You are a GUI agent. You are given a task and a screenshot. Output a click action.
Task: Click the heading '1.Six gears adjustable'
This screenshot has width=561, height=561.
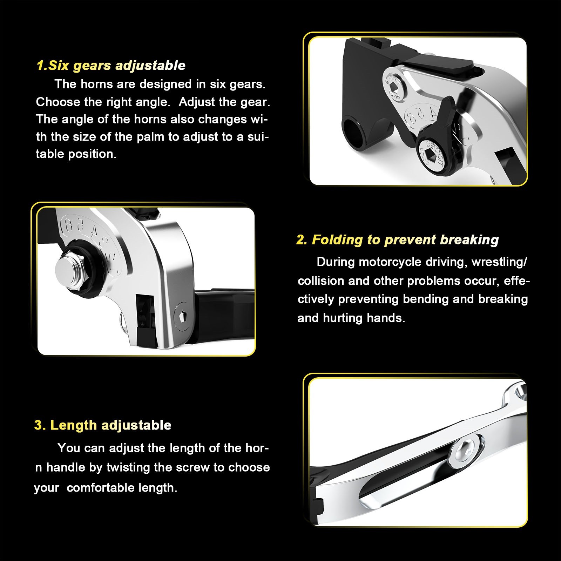coord(111,66)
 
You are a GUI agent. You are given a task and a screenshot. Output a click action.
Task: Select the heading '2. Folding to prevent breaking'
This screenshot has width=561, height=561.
coord(398,240)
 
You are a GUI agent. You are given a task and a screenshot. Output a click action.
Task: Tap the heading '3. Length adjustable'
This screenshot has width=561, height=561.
coord(103,425)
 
